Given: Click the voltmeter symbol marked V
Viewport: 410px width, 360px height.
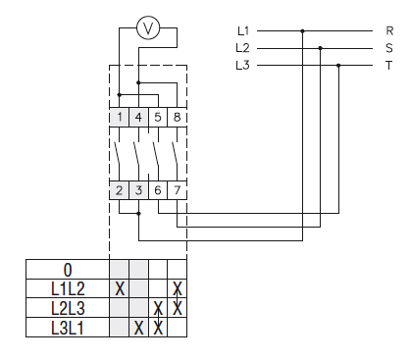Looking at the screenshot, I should point(148,29).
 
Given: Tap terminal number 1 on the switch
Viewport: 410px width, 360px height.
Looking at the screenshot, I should point(120,117).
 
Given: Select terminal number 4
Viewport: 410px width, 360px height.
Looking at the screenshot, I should point(139,117).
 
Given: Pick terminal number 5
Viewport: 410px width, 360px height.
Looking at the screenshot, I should point(158,117).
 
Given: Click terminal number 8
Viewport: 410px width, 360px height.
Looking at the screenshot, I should point(177,117).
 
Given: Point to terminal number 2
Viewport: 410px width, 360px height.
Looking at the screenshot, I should point(120,189).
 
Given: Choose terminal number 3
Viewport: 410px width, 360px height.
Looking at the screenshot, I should point(139,189).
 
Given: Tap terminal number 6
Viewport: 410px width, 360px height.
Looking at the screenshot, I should point(158,189).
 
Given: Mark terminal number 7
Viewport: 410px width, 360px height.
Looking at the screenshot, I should point(177,189).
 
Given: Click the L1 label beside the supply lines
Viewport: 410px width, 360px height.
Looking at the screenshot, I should point(243,30).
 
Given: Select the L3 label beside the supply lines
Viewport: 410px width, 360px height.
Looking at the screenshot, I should point(243,66).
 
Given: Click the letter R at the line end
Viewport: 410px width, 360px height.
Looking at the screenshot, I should point(389,30).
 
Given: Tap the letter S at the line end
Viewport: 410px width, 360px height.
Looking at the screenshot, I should point(389,48).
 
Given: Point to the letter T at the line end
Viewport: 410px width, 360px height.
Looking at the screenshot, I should point(389,66).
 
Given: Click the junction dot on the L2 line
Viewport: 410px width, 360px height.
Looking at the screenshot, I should point(321,48).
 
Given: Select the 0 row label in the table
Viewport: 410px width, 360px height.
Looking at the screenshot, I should point(67,270).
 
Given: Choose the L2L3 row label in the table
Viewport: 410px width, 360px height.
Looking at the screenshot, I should point(67,308).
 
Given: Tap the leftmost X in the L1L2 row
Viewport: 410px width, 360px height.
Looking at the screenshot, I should point(120,288).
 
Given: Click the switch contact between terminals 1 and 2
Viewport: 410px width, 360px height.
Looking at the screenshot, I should point(118,153).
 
